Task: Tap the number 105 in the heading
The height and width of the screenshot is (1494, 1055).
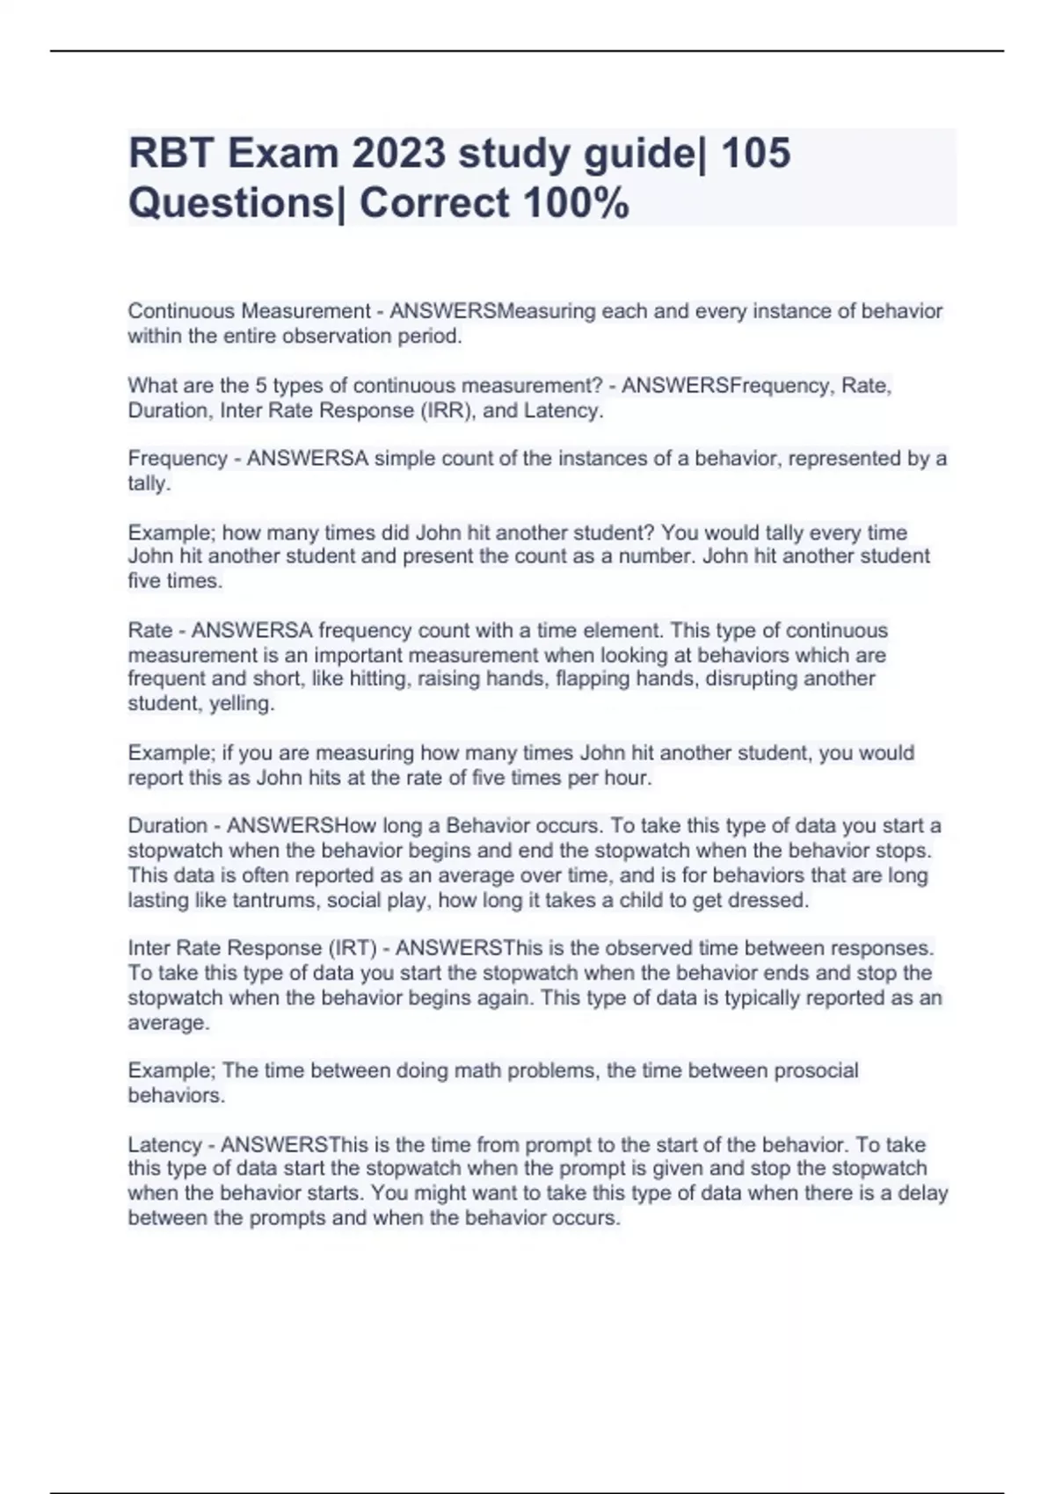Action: coord(755,153)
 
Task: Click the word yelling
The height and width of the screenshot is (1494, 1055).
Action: coord(242,703)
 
